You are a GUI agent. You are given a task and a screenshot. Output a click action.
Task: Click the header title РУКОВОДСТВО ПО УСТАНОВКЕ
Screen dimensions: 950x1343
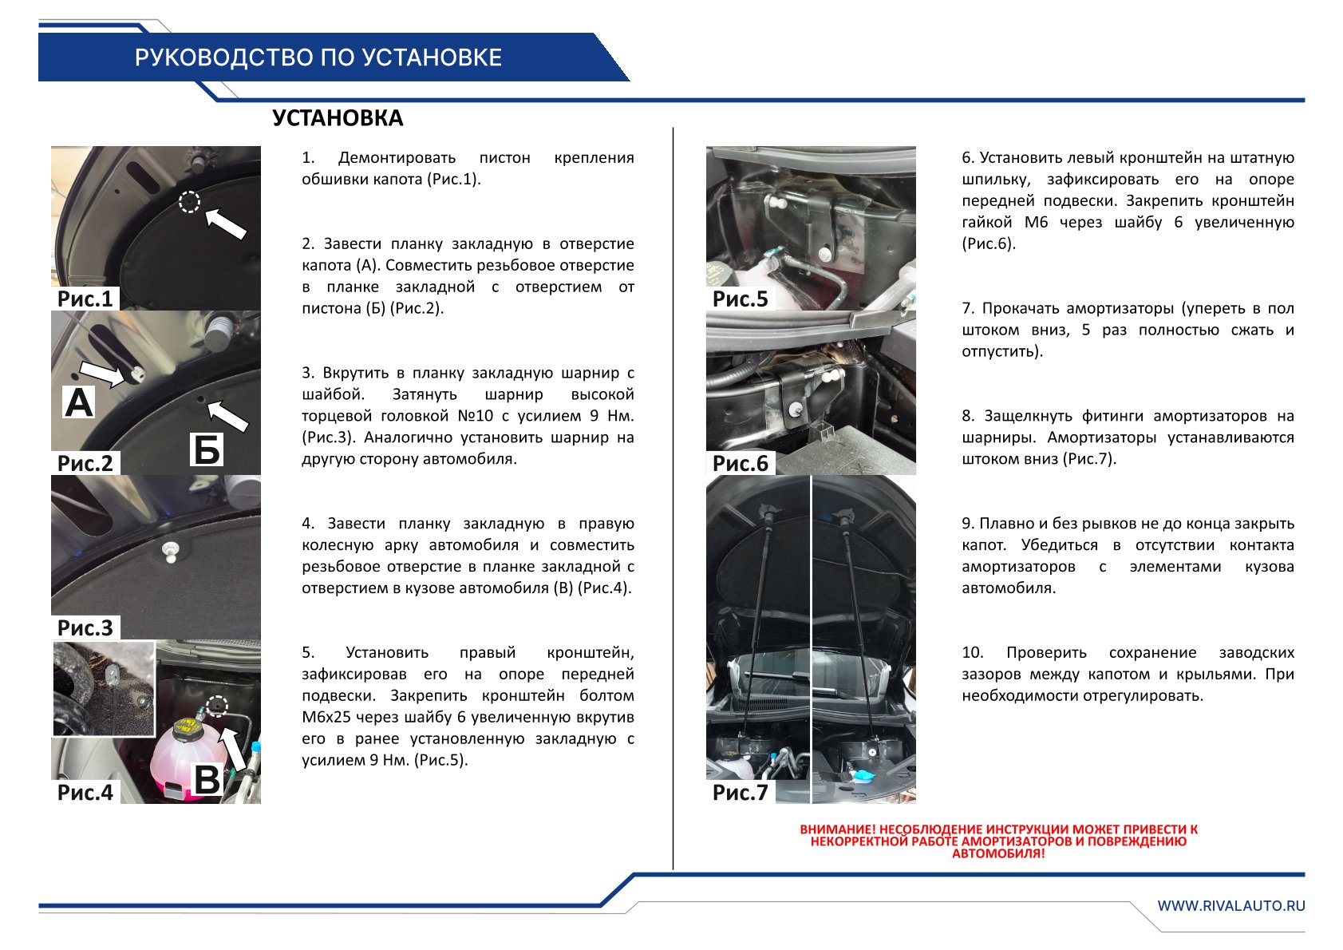point(318,57)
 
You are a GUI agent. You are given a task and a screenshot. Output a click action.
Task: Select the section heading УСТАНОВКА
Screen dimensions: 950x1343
point(338,118)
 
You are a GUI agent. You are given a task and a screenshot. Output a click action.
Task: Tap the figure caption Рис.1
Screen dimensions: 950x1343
point(85,299)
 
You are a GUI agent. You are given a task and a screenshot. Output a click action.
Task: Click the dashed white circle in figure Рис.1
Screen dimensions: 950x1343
point(189,202)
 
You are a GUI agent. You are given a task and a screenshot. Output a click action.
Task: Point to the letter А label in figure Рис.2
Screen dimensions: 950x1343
point(78,402)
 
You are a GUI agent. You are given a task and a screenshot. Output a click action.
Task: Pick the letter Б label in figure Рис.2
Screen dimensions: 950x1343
point(207,450)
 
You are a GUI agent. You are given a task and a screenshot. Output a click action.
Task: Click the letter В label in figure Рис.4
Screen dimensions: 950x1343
point(207,779)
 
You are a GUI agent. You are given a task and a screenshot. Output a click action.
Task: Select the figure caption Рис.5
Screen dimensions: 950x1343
point(740,299)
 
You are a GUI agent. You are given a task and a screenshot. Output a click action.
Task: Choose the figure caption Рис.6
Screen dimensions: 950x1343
point(740,463)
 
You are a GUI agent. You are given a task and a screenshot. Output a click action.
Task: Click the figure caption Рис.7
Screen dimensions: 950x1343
point(740,792)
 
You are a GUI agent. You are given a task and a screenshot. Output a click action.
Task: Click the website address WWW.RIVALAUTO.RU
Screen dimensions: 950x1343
point(1231,905)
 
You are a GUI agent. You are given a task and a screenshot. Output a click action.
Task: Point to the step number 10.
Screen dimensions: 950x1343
point(973,652)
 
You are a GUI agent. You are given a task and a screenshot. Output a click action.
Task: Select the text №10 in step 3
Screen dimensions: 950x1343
point(476,416)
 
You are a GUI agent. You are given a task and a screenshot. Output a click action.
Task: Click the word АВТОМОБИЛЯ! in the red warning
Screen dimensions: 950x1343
point(998,853)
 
